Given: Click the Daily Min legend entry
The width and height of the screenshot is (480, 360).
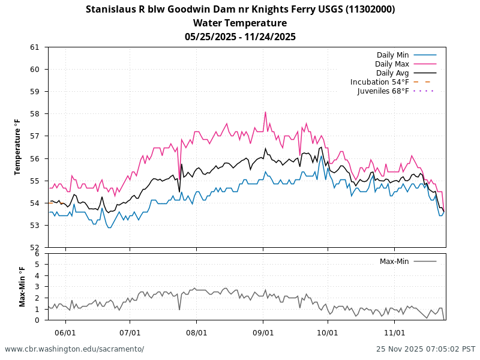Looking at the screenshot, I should [x=392, y=55].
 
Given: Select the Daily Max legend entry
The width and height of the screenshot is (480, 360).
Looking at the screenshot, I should [x=392, y=64].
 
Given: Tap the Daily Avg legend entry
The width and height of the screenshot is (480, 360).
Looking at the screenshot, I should [x=392, y=73].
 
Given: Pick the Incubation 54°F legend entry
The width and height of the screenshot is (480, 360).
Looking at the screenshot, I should [x=380, y=82].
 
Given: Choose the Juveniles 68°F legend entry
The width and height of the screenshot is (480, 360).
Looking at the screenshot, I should [x=383, y=91].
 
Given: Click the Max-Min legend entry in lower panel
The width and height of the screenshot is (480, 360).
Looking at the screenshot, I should [x=395, y=262].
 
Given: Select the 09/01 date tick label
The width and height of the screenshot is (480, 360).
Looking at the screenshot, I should [x=263, y=332].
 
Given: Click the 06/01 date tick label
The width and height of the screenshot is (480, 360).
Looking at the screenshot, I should [x=65, y=332].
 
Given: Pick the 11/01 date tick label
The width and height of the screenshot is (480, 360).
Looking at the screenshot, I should [x=394, y=332].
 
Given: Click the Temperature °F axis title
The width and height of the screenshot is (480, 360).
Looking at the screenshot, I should [x=18, y=147].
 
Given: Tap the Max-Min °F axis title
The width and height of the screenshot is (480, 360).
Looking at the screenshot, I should [x=22, y=287].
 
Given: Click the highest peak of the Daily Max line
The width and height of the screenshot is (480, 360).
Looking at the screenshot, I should [x=265, y=112].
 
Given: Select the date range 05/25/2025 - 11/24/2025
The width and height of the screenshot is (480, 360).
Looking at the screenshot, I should [x=240, y=37].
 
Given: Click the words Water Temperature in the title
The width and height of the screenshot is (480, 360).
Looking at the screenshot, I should [x=240, y=23].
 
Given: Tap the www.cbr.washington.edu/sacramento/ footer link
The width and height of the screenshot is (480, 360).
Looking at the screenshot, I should [x=74, y=349].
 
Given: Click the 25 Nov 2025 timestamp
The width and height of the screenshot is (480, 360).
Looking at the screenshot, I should [x=425, y=349].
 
